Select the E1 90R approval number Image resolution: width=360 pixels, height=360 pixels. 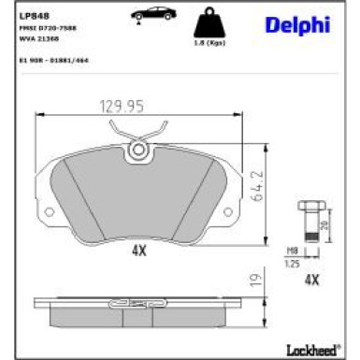point(54,58)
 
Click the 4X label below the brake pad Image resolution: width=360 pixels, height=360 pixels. point(140,251)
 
